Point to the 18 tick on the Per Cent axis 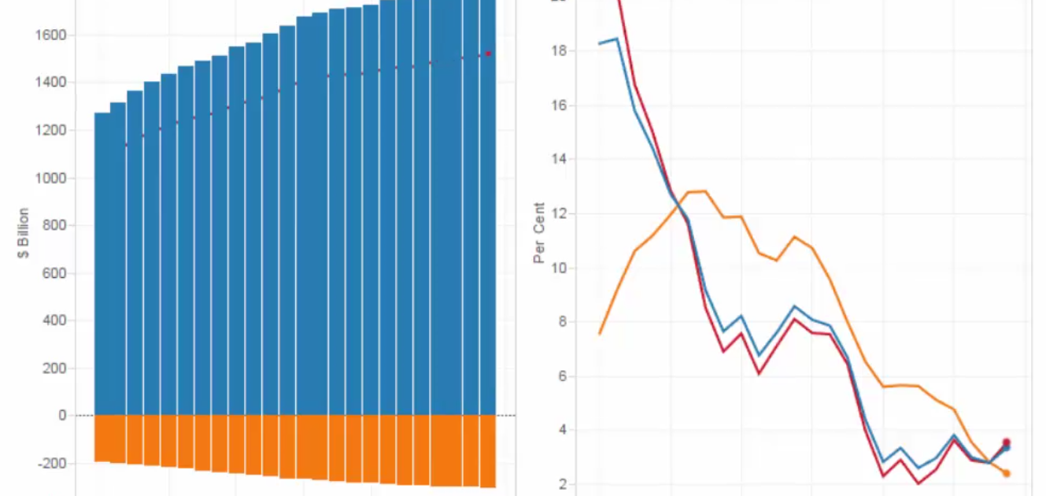click(x=563, y=51)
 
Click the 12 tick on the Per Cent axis click(x=563, y=214)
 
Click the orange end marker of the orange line click(x=1006, y=473)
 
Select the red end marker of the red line click(x=1006, y=442)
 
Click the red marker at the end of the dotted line click(x=488, y=54)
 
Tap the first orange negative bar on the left click(x=102, y=438)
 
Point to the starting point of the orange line click(x=600, y=334)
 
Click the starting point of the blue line click(x=600, y=43)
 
